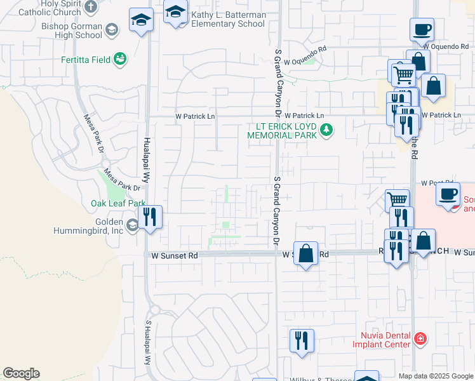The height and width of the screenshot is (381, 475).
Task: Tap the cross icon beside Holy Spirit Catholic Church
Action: [x=91, y=7]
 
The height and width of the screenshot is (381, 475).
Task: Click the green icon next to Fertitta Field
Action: [x=119, y=59]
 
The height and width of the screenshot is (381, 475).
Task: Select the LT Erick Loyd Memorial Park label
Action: [x=282, y=130]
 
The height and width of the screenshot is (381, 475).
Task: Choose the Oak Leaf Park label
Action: [x=118, y=203]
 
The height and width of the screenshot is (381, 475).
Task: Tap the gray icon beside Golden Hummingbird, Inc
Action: [x=132, y=225]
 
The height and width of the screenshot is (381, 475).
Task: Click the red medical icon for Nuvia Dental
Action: [x=419, y=340]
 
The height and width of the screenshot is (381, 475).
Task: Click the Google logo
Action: [x=22, y=373]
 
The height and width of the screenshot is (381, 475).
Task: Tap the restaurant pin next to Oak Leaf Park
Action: [x=150, y=218]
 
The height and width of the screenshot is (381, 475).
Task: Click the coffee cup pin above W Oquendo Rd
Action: [x=422, y=29]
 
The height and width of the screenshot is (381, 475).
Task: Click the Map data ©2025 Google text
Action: [x=436, y=376]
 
